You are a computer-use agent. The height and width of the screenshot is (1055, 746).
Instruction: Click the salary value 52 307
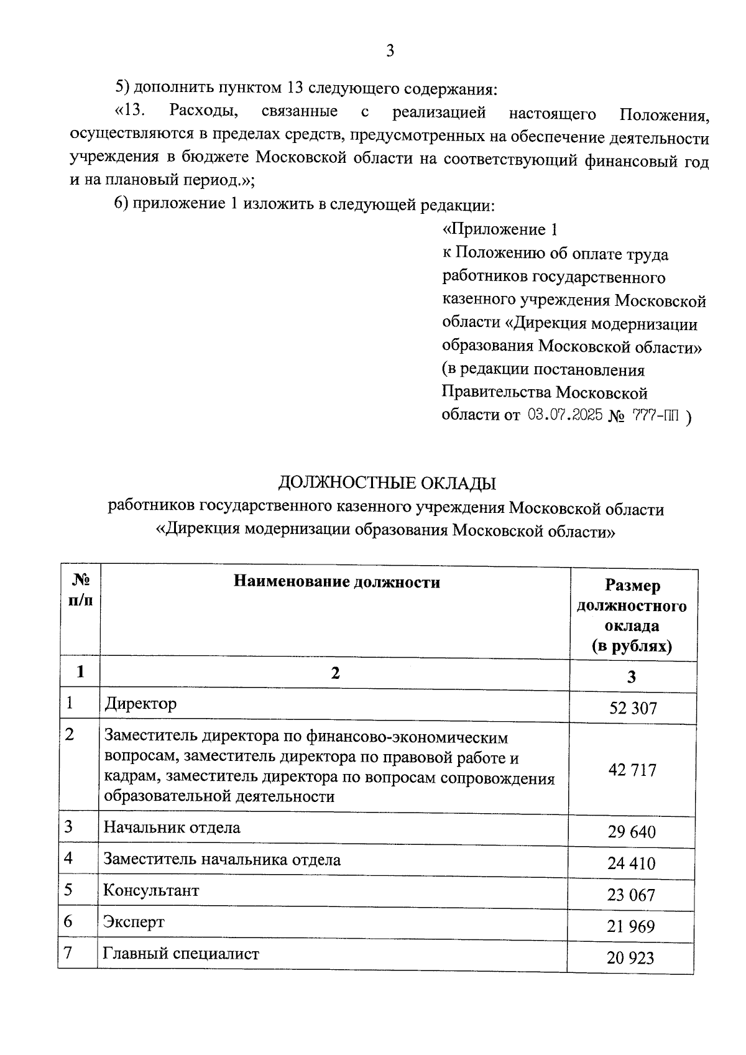(x=632, y=708)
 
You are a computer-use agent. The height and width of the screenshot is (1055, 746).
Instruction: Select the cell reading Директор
(x=140, y=704)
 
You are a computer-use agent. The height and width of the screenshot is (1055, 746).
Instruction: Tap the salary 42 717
(x=632, y=770)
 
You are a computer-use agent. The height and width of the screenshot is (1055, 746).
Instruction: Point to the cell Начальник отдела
(x=172, y=827)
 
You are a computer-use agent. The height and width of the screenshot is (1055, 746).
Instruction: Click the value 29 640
(x=632, y=832)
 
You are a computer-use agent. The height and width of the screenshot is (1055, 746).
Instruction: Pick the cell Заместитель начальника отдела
(x=222, y=860)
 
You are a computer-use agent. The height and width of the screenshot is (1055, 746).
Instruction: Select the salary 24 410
(x=632, y=864)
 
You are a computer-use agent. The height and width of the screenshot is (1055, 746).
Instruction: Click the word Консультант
(x=151, y=890)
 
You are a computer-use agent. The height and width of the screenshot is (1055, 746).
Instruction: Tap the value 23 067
(x=632, y=895)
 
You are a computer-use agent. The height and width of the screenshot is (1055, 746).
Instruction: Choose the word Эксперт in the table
(x=134, y=921)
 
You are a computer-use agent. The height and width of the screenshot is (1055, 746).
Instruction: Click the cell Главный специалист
(x=181, y=954)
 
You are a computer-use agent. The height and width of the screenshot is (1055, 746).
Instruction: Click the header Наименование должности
(x=336, y=583)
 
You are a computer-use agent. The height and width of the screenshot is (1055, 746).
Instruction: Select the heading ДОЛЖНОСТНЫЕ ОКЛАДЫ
(x=387, y=483)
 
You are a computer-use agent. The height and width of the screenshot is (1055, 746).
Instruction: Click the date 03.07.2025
(x=565, y=415)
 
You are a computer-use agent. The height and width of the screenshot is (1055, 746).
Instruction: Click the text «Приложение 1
(x=499, y=230)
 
